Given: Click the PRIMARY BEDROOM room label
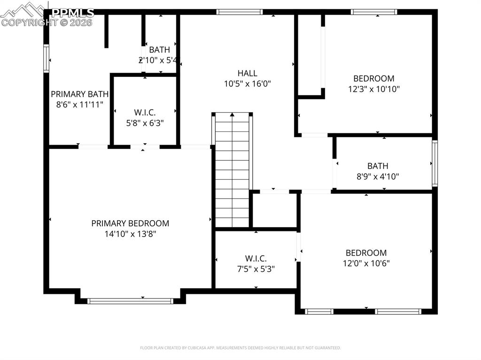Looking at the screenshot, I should (130, 223).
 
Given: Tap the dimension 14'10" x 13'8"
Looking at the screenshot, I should (130, 234).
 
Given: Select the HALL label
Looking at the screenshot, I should (247, 73).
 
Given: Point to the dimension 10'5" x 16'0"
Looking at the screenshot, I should (247, 84).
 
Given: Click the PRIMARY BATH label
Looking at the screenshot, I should (80, 94).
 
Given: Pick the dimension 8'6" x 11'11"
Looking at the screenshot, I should (80, 104).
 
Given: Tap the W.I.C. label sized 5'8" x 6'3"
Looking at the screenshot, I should (145, 113).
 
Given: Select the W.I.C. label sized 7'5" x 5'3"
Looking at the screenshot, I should (256, 259).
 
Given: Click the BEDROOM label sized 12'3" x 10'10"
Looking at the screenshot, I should (374, 78).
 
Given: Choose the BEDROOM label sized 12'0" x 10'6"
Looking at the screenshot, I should (366, 253).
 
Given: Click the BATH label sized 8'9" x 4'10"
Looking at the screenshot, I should (378, 166).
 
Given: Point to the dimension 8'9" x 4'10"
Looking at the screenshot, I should (378, 177).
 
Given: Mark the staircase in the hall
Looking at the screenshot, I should (233, 174).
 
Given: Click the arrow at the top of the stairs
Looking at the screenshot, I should (232, 115).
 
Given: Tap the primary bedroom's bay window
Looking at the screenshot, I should (130, 301).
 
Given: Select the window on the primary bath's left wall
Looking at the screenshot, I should (46, 58).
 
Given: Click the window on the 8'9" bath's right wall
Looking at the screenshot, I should (434, 163).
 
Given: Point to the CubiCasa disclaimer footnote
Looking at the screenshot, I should (240, 348).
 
